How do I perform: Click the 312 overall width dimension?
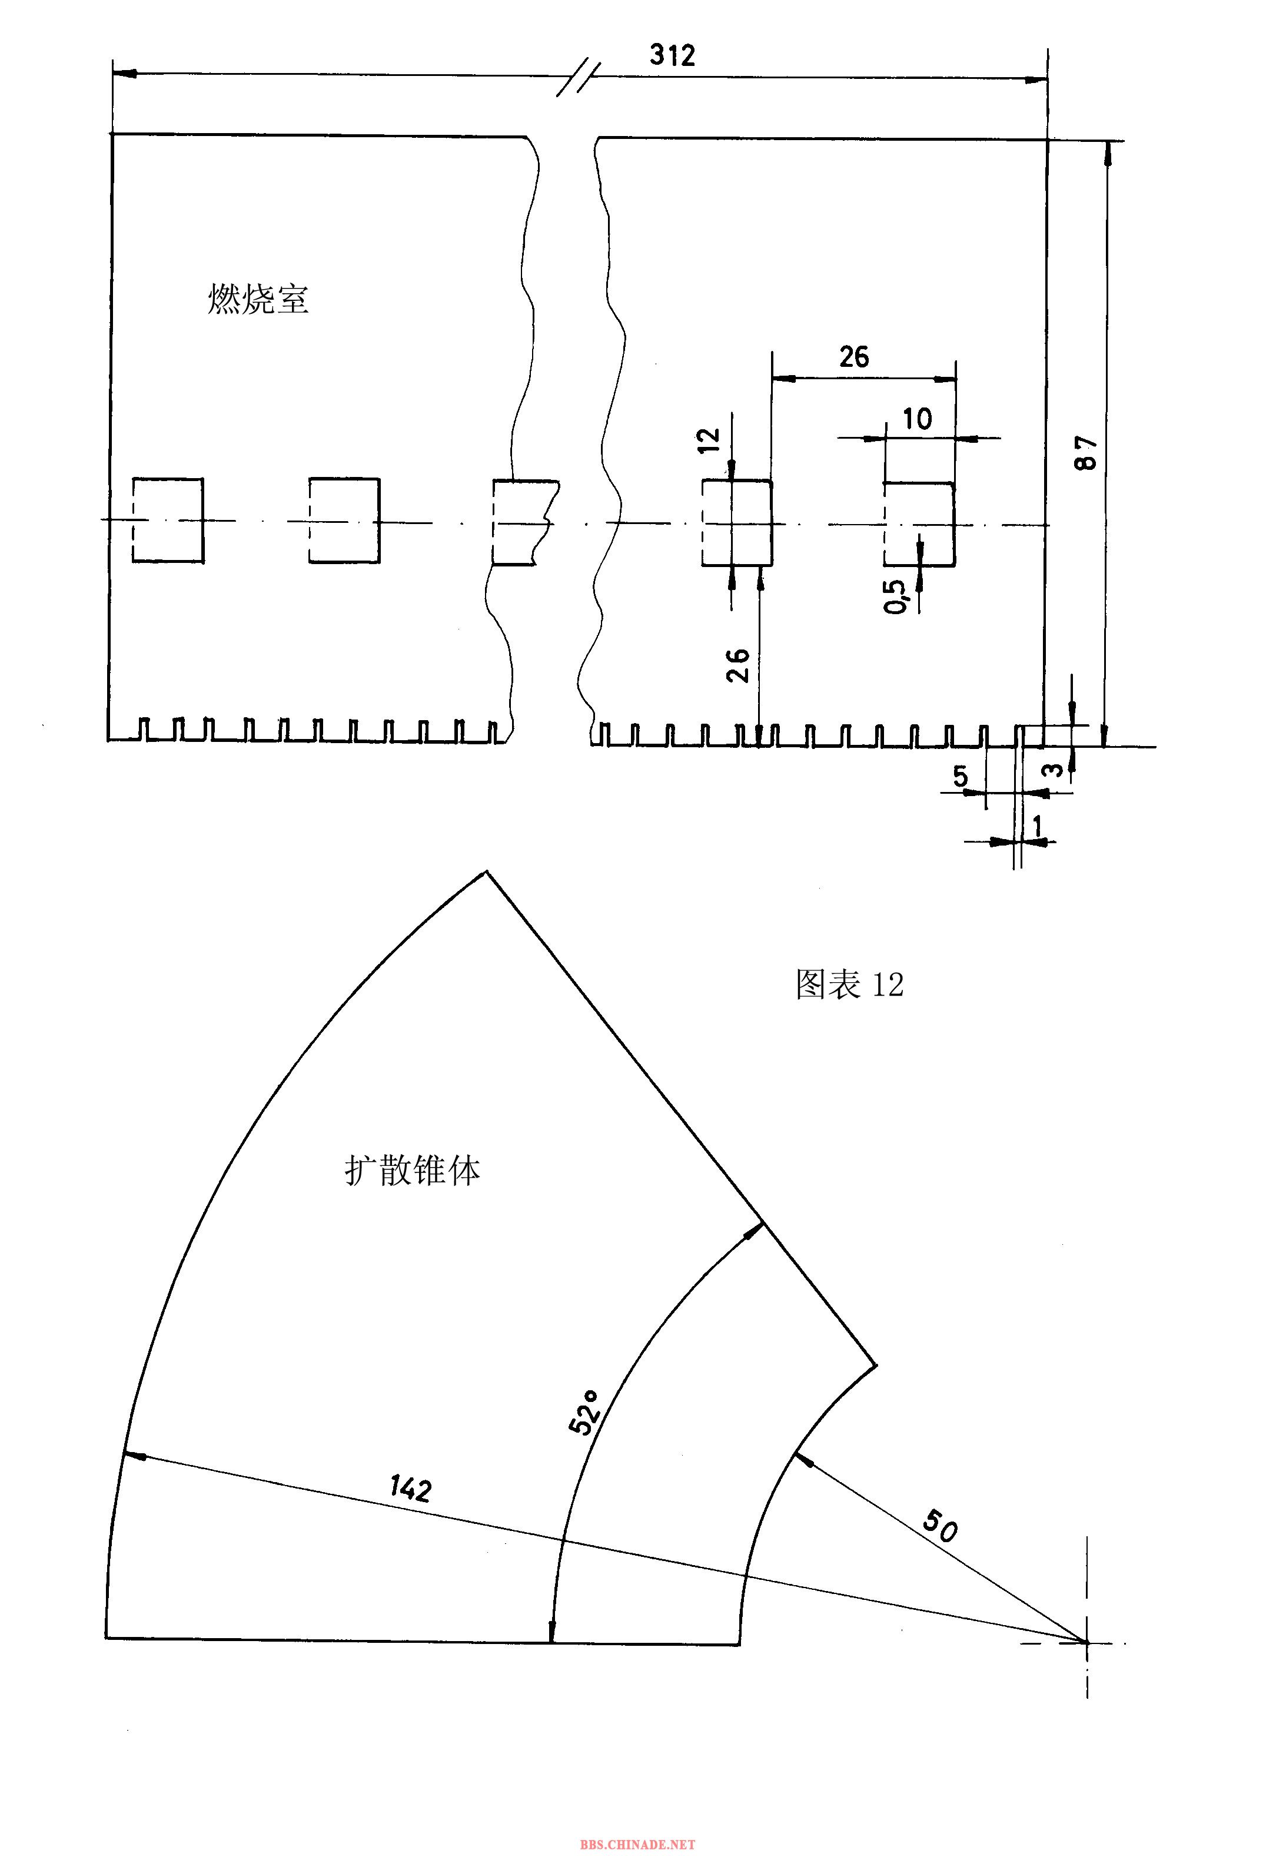tap(672, 55)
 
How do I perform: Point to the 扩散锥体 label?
tap(413, 1172)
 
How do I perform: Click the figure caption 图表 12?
tap(850, 985)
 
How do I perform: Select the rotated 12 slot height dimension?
tap(710, 440)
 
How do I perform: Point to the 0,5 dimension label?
tap(897, 596)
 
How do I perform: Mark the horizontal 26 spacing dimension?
tap(854, 357)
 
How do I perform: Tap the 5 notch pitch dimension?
tap(960, 775)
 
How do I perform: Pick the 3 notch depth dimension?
tap(1055, 769)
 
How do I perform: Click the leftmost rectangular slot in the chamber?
tap(168, 521)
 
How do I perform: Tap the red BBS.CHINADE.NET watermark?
tap(638, 1845)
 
